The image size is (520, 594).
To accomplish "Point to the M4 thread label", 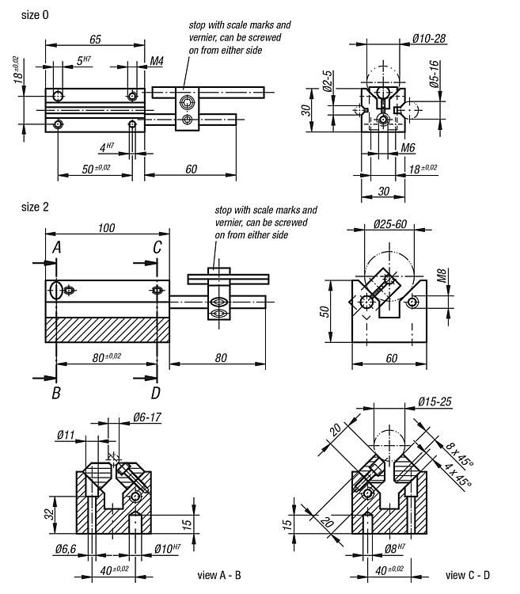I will [157, 61].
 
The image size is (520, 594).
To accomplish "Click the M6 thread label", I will [408, 148].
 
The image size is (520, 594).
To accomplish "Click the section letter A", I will [57, 248].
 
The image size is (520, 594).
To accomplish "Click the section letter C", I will [158, 248].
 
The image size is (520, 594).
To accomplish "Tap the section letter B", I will [57, 392].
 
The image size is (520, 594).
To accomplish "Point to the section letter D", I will [156, 392].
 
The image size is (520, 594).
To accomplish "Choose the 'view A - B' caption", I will [219, 575].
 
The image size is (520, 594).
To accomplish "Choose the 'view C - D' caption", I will [467, 575].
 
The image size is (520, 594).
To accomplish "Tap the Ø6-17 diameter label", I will [148, 417].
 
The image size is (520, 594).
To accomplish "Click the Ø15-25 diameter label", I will [435, 401].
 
